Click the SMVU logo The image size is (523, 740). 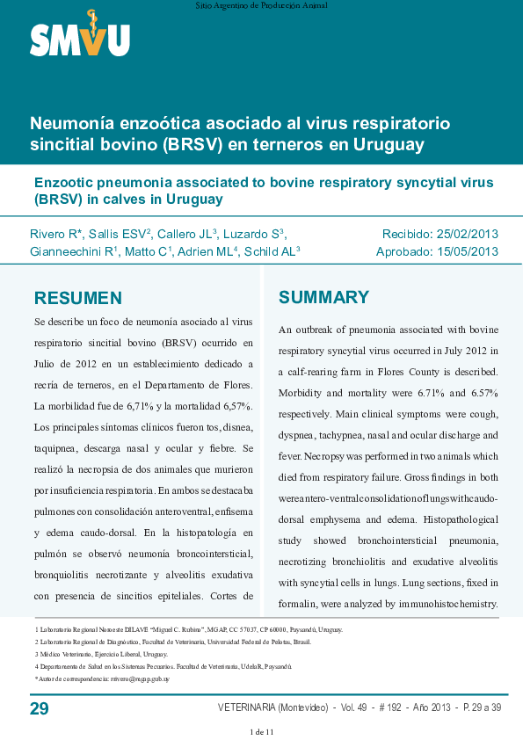click(80, 37)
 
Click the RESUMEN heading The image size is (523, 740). click(77, 298)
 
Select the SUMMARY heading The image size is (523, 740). click(323, 297)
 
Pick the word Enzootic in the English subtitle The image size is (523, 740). click(64, 183)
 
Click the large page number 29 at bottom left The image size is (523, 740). click(40, 708)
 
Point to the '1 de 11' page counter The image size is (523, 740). click(261, 732)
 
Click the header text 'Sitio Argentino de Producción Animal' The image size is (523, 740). click(261, 5)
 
